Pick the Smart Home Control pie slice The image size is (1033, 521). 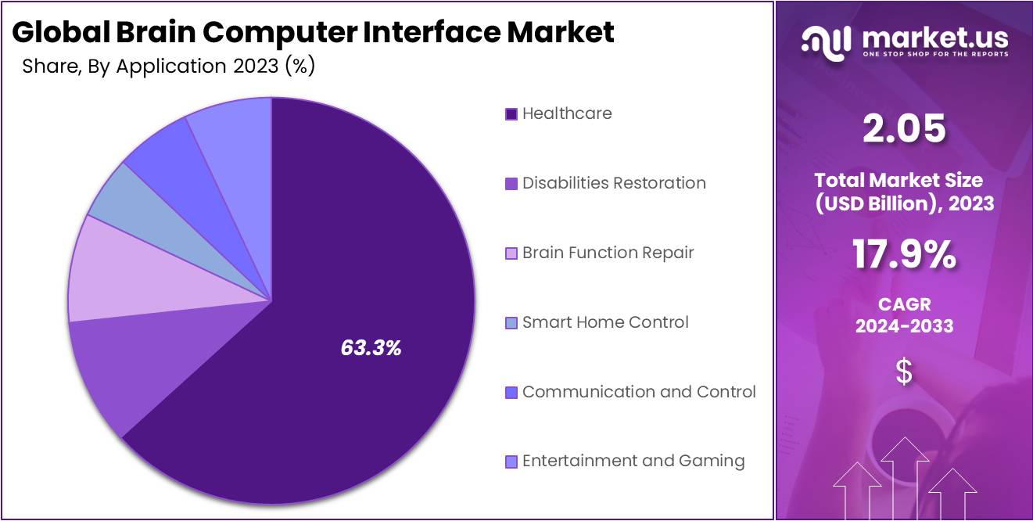117,199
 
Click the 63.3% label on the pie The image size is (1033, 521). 371,349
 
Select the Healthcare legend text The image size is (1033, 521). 567,113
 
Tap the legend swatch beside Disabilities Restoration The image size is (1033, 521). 511,184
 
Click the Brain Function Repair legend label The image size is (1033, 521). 608,253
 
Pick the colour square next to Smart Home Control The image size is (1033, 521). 511,323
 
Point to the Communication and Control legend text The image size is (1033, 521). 639,392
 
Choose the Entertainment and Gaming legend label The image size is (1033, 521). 633,461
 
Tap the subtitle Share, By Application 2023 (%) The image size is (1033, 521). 168,66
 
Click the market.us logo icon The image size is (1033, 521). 826,42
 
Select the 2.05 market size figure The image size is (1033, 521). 904,130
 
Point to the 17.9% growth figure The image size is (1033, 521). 904,255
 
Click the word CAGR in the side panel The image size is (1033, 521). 904,304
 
